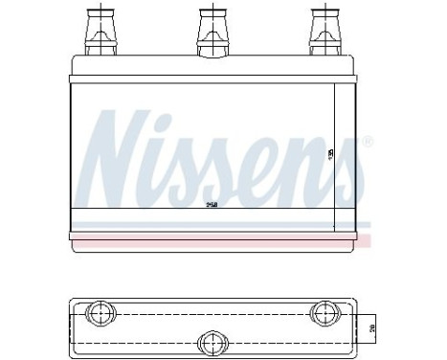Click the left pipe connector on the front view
100,32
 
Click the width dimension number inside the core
212,204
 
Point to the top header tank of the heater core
212,68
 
